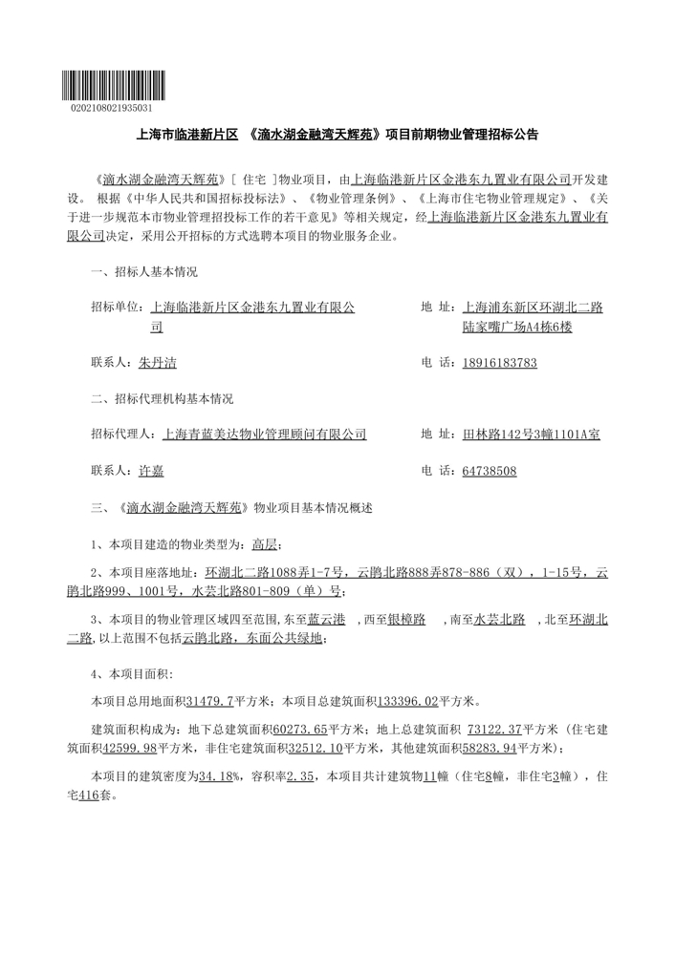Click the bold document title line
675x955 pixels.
(x=337, y=136)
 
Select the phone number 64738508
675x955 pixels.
(x=489, y=471)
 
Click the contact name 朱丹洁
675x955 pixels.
(x=158, y=363)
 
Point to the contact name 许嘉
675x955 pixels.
(x=151, y=471)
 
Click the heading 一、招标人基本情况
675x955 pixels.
(x=143, y=272)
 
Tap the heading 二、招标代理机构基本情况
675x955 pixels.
(x=162, y=398)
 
